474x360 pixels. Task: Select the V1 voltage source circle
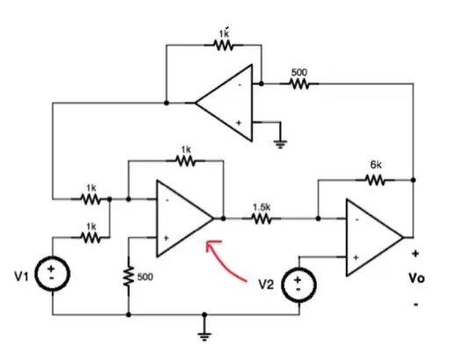(53, 273)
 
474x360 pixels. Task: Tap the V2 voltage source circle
(300, 284)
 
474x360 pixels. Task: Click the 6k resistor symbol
(375, 179)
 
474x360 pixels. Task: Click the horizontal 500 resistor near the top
(300, 84)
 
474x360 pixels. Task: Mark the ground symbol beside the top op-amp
(280, 141)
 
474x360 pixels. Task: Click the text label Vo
(417, 278)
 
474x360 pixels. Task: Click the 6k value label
(375, 164)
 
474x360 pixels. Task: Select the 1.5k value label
(261, 206)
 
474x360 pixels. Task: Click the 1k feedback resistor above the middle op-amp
(185, 162)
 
